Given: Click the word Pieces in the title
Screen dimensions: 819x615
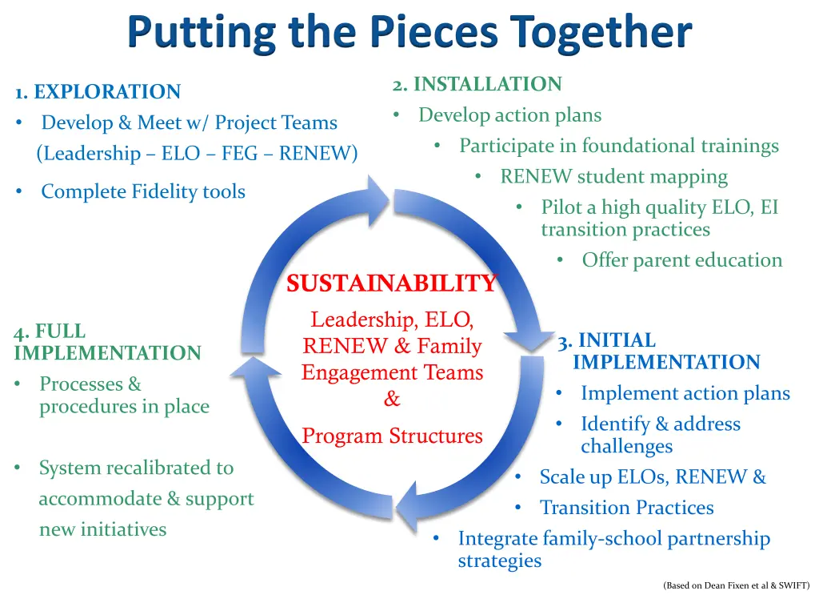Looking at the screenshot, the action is pos(433,34).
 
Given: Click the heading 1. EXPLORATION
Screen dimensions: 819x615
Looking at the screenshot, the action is pos(98,92).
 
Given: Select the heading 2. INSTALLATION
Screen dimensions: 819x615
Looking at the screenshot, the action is pos(477,84).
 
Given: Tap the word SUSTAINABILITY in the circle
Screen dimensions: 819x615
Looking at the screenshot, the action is pos(392,283).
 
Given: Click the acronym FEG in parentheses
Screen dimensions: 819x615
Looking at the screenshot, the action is pos(239,153).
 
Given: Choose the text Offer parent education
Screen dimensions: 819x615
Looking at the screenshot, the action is pos(681,260).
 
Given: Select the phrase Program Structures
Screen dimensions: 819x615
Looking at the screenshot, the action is pos(392,436).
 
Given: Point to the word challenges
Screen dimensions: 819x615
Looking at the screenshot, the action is pos(626,446).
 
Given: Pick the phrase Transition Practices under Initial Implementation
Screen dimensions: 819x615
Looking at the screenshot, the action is pos(626,508).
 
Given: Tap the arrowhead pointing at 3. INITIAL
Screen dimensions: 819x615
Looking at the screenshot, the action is pos(533,337).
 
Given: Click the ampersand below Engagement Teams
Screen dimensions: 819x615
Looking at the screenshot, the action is pos(392,399).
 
